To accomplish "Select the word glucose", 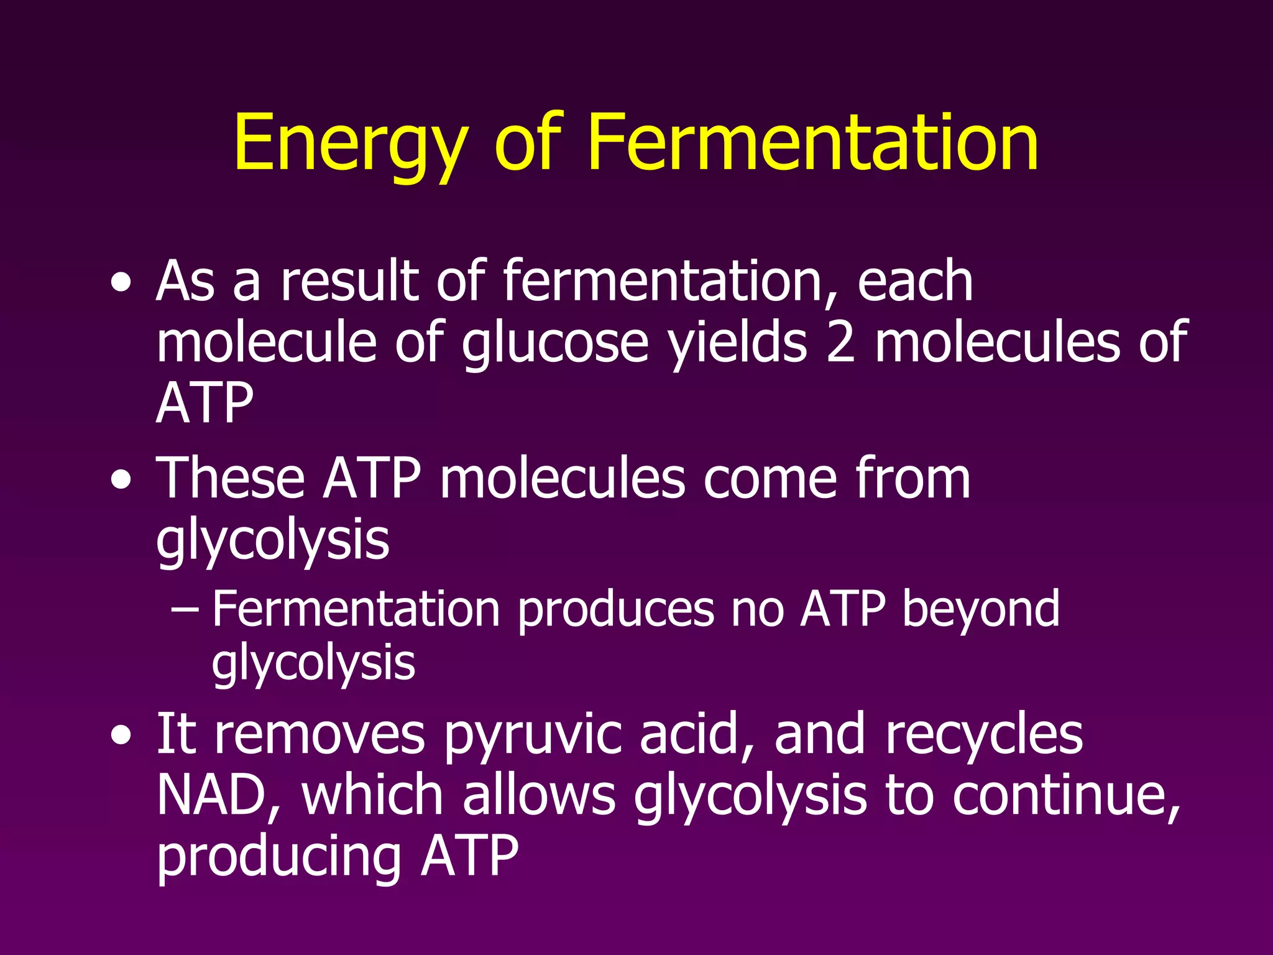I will coord(555,344).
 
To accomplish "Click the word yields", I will coord(737,344).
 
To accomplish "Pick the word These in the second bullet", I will coord(231,478).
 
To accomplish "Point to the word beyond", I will coord(981,609).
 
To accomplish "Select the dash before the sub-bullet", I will coord(185,610).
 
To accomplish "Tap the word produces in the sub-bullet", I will coord(616,610).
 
